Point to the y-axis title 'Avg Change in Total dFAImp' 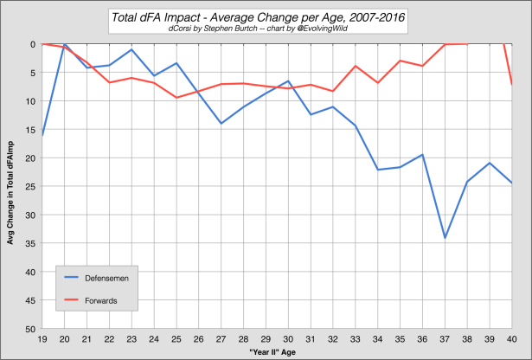coord(12,186)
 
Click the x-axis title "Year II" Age coord(277,354)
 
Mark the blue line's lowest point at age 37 coord(445,238)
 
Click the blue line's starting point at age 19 coord(42,136)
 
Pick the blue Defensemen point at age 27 coord(221,124)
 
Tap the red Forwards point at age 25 coord(176,97)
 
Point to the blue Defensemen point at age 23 coord(131,49)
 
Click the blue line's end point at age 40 coord(512,183)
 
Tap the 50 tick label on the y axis coord(30,329)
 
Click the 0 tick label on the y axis coord(33,44)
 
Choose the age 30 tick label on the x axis coord(288,339)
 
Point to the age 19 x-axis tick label coord(42,339)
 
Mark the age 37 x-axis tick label coord(445,339)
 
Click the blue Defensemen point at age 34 coord(378,170)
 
